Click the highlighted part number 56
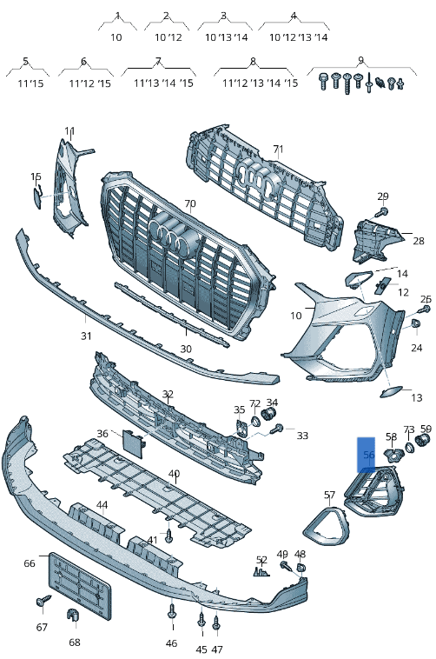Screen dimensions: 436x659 368,455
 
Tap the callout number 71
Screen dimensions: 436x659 278,150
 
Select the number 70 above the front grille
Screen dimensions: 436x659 190,203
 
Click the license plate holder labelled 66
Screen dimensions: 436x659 80,586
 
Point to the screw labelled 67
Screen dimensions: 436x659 43,601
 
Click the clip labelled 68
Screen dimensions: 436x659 74,615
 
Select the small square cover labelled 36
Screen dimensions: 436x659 134,443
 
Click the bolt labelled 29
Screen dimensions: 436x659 382,211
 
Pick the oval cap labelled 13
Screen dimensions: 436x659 391,392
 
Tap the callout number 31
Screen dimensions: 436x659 86,336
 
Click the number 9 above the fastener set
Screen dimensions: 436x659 360,60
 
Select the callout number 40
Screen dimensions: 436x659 174,474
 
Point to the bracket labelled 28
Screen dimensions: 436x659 375,239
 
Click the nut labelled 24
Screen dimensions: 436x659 415,323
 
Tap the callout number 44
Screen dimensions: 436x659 102,505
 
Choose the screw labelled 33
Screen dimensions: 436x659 277,429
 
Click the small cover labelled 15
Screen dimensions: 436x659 38,197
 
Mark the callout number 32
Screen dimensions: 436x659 168,394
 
